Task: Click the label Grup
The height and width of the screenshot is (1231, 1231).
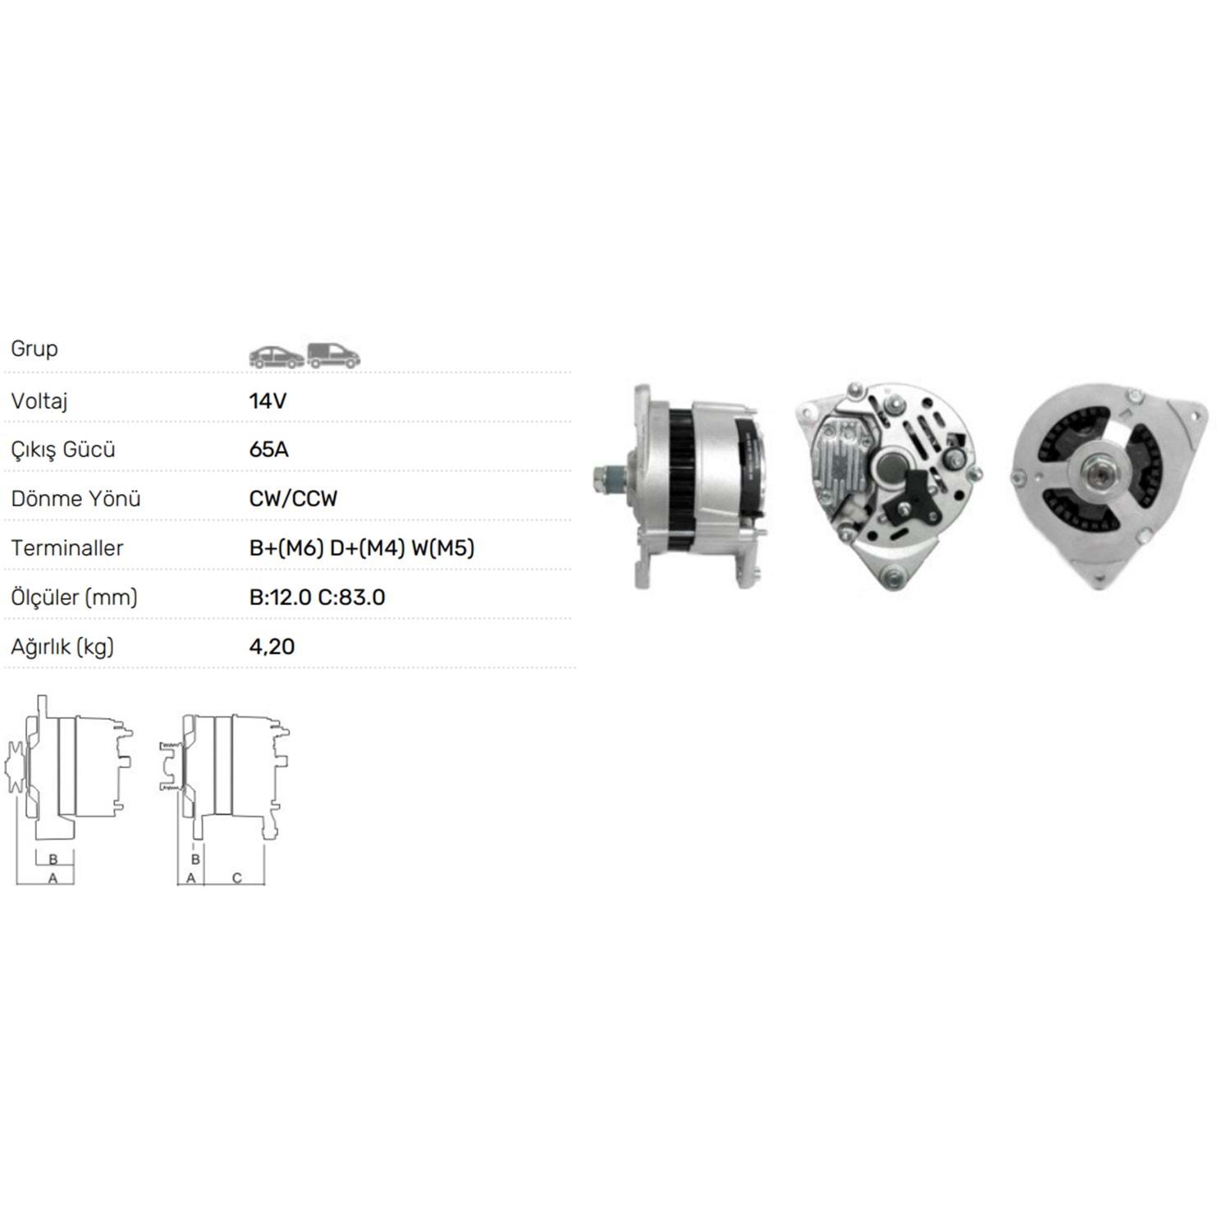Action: (x=34, y=349)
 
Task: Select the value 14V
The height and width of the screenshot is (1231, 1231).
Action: (x=268, y=400)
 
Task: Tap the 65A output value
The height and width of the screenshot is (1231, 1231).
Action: (x=269, y=450)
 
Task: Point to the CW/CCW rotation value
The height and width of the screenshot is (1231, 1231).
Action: (x=293, y=499)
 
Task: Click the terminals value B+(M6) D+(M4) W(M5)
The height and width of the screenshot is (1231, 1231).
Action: (x=362, y=548)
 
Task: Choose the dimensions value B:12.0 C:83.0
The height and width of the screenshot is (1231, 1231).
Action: (x=317, y=597)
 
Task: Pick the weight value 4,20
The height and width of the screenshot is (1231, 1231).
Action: (x=272, y=647)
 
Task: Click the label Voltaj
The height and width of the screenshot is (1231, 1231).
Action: (x=39, y=401)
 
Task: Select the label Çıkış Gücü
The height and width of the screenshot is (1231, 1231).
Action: (x=63, y=451)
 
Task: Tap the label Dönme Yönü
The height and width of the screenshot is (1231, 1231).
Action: (x=76, y=499)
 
